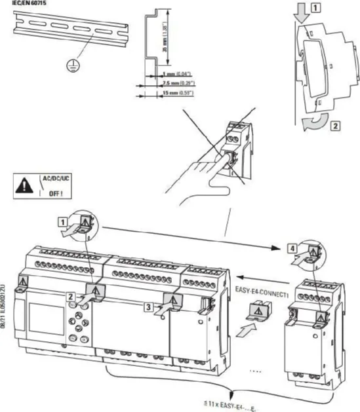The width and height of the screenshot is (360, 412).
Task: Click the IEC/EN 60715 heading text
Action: tap(25, 3)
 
